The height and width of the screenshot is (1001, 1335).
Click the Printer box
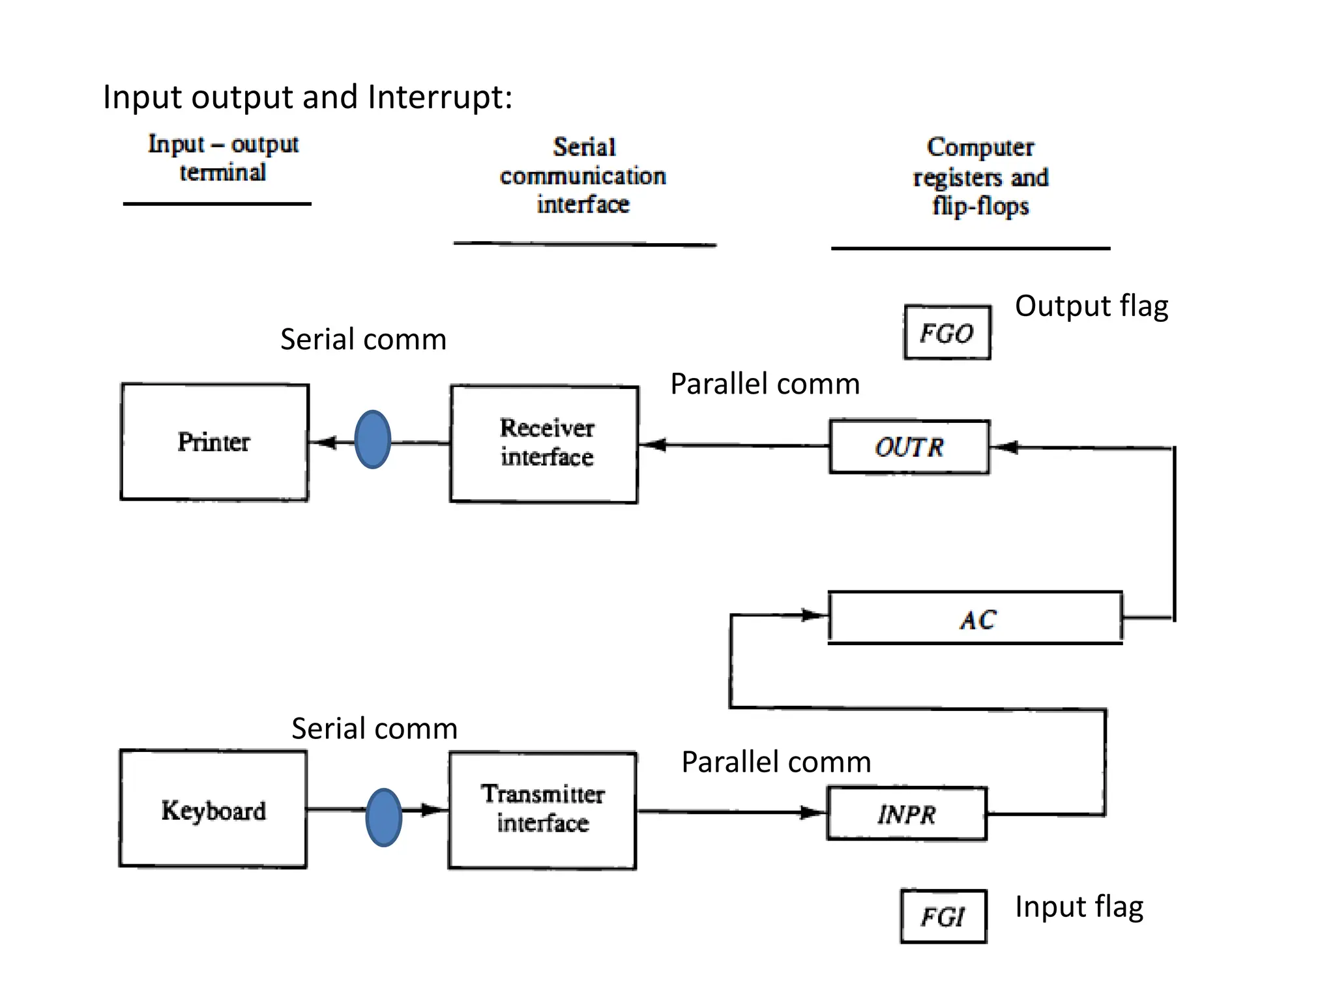pyautogui.click(x=214, y=442)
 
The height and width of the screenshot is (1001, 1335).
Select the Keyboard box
pyautogui.click(x=213, y=809)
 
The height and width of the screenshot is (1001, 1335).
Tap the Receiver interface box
pyautogui.click(x=544, y=444)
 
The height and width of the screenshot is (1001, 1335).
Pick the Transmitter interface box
pyautogui.click(x=542, y=810)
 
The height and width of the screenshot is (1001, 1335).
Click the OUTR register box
pyautogui.click(x=909, y=447)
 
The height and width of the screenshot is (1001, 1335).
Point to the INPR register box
pyautogui.click(x=907, y=814)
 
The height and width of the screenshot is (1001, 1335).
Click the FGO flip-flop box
pyautogui.click(x=947, y=333)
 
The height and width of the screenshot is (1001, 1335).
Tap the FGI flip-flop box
pyautogui.click(x=943, y=916)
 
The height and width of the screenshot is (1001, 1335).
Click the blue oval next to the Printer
pyautogui.click(x=373, y=439)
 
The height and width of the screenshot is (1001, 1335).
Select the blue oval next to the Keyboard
pyautogui.click(x=384, y=817)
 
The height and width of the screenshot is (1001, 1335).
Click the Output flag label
pyautogui.click(x=1091, y=306)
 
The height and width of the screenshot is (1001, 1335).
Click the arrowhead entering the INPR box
pyautogui.click(x=814, y=812)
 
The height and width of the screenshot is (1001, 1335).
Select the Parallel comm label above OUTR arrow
pyautogui.click(x=765, y=384)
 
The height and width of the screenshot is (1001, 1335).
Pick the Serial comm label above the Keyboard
pyautogui.click(x=374, y=729)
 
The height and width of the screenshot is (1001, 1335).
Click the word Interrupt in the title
pyautogui.click(x=440, y=97)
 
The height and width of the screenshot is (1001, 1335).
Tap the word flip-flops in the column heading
pyautogui.click(x=980, y=206)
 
